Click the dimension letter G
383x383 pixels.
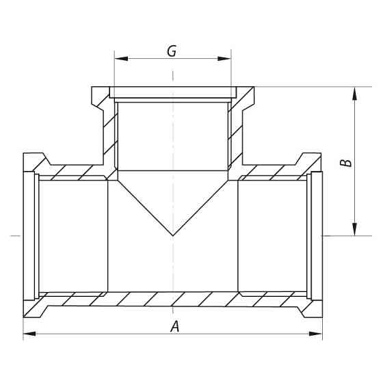coord(172,50)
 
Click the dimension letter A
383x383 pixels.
coord(175,327)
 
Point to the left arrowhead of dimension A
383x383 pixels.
coord(29,334)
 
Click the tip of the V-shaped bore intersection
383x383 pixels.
coord(173,235)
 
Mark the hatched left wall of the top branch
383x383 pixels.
coord(106,130)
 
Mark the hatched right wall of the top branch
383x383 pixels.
coord(239,130)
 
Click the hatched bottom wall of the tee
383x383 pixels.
coord(173,300)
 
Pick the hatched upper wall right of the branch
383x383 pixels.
coord(274,172)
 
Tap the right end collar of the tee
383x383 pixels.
coord(317,235)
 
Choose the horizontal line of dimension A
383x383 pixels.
coord(103,334)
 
